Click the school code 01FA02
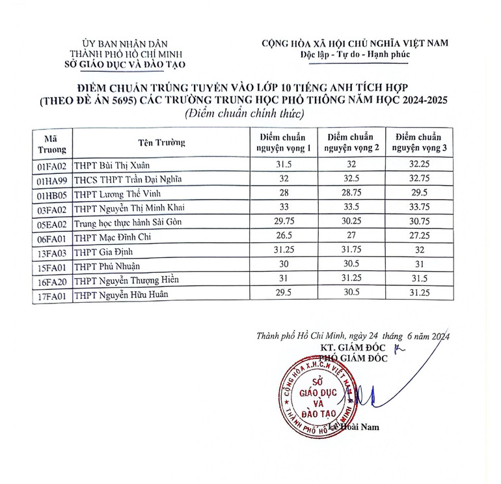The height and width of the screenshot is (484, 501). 53,166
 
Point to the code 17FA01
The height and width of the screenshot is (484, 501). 53,295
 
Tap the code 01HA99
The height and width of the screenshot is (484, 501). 53,180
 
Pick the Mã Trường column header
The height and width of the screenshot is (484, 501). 53,143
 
